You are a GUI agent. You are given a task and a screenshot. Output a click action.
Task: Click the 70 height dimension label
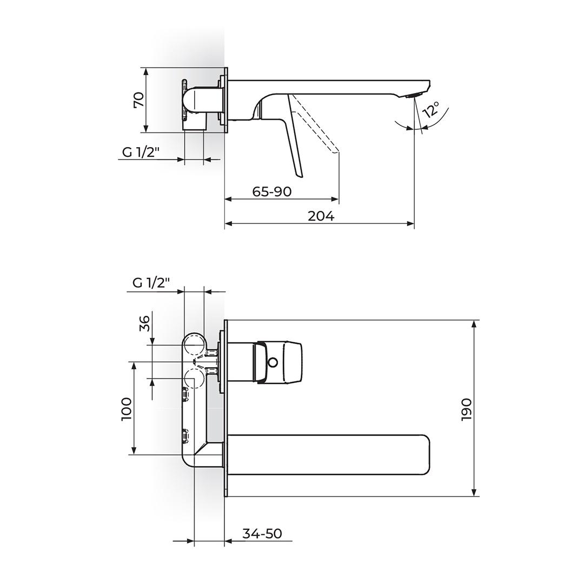coord(138,99)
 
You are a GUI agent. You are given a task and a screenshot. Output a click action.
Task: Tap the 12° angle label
coord(432,110)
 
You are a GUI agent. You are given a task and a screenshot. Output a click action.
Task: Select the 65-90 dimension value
coord(271,191)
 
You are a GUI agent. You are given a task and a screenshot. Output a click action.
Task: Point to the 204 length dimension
coord(321,216)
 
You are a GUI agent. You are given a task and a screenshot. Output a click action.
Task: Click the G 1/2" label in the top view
coord(141,152)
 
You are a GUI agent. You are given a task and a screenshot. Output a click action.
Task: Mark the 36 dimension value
coord(144,323)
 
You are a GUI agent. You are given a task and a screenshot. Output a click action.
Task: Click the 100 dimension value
coord(126,409)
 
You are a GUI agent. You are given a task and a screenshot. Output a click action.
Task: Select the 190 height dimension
coord(466,409)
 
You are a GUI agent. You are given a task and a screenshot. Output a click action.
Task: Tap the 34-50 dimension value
coord(262,533)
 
